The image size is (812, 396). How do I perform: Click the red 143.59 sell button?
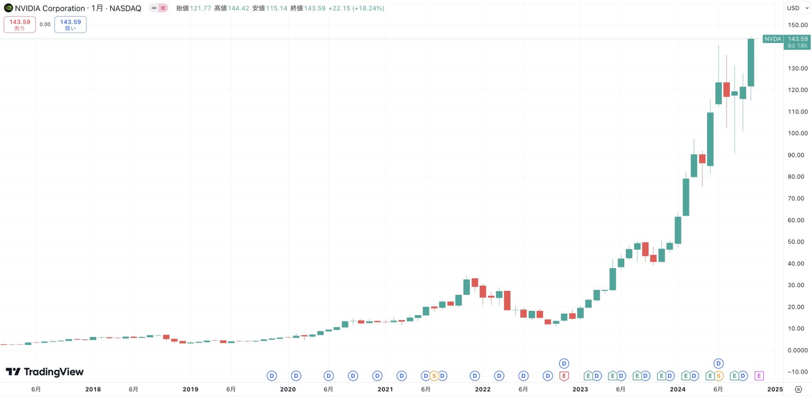(19, 25)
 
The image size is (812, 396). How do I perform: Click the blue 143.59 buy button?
(70, 25)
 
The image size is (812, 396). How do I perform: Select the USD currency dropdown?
(797, 8)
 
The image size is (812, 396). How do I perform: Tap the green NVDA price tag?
(773, 39)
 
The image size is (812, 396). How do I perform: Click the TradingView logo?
(45, 372)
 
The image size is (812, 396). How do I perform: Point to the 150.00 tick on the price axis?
(798, 25)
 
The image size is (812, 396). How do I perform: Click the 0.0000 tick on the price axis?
(798, 350)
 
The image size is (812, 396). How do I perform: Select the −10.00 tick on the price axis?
(798, 372)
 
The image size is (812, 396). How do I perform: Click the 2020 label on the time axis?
(288, 389)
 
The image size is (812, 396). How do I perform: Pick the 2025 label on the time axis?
(775, 389)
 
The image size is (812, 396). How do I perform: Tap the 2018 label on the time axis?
(93, 389)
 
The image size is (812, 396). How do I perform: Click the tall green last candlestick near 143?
(751, 63)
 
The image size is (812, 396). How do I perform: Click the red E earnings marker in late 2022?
(564, 376)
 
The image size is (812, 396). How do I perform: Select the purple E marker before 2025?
(759, 376)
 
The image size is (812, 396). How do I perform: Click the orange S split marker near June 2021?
(434, 376)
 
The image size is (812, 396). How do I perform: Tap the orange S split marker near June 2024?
(719, 376)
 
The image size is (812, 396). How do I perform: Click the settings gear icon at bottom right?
(798, 389)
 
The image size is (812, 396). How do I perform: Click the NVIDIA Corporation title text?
(50, 8)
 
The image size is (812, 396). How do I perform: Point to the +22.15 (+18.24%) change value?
(356, 8)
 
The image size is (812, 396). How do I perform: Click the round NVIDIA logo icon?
(8, 8)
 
